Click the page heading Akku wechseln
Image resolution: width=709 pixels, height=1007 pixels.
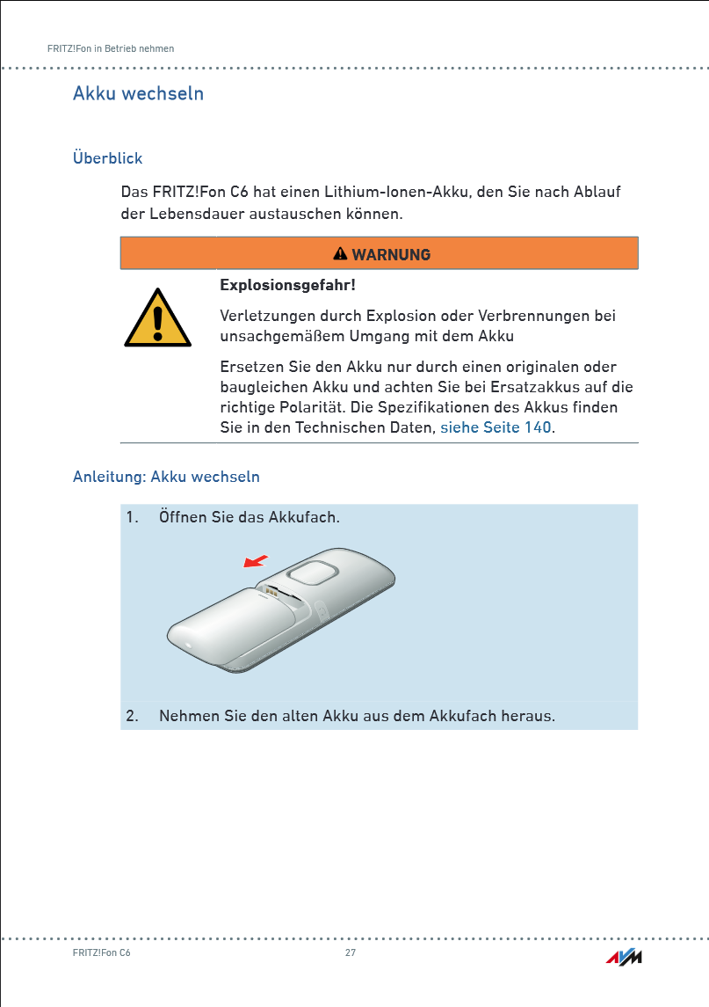pyautogui.click(x=138, y=93)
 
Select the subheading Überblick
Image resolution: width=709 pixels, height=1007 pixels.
pyautogui.click(x=107, y=158)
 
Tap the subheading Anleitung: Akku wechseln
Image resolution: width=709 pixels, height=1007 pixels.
pyautogui.click(x=166, y=477)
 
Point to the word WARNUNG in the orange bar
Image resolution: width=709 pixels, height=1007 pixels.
pyautogui.click(x=391, y=255)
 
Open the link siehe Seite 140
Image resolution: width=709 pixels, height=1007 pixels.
pyautogui.click(x=496, y=427)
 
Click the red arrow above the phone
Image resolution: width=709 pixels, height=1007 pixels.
pyautogui.click(x=255, y=561)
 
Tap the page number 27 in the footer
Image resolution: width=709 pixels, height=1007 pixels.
pyautogui.click(x=351, y=953)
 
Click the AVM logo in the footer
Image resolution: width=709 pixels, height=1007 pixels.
pyautogui.click(x=624, y=957)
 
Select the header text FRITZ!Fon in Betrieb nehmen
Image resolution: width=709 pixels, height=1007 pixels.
pyautogui.click(x=111, y=48)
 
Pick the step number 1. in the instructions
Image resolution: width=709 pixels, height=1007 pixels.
pyautogui.click(x=133, y=516)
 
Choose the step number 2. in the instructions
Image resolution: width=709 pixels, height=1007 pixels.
pyautogui.click(x=133, y=716)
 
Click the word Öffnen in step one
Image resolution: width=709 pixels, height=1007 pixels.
pyautogui.click(x=183, y=516)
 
